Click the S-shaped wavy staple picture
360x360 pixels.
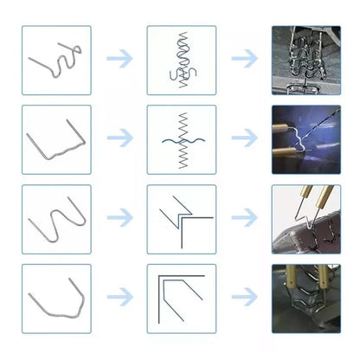(56, 60)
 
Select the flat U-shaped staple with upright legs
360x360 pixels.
(56, 139)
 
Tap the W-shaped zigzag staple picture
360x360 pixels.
(56, 219)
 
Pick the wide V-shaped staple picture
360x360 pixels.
(56, 299)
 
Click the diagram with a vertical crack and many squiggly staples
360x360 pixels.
(182, 60)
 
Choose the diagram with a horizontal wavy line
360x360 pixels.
(182, 139)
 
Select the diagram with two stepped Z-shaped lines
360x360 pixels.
(182, 219)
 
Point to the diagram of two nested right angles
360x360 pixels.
(182, 299)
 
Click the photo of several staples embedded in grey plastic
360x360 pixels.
(305, 60)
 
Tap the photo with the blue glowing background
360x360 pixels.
(305, 139)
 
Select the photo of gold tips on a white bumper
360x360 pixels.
(305, 219)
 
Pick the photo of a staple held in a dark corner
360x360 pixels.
(305, 299)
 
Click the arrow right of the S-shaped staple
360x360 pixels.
(119, 60)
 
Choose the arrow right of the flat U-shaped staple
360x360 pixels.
(119, 138)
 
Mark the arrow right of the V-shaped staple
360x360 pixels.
(119, 298)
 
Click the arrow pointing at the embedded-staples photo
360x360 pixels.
(245, 60)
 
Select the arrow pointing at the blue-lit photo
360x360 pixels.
(245, 138)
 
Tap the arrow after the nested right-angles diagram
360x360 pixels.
(245, 298)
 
